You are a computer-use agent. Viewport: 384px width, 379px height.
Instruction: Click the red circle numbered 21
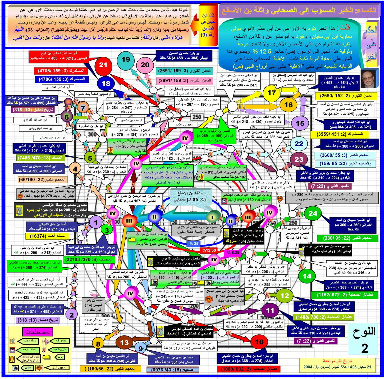tap(103, 65)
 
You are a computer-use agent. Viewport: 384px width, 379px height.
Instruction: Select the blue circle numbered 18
tap(106, 84)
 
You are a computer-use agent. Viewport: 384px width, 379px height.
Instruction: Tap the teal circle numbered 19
tap(126, 59)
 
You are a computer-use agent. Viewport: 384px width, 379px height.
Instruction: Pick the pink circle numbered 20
tap(145, 65)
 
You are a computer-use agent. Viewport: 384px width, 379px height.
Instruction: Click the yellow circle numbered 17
tap(272, 93)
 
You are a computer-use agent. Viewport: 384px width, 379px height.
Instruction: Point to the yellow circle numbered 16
tap(288, 105)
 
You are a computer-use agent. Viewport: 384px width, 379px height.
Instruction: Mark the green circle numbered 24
tap(313, 213)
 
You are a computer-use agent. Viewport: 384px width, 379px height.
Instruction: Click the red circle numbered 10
tap(259, 342)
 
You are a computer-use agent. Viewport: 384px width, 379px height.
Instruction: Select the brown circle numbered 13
tap(124, 343)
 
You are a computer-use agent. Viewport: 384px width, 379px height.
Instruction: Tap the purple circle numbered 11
tap(270, 310)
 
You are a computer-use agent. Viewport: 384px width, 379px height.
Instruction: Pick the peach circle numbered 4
tap(75, 169)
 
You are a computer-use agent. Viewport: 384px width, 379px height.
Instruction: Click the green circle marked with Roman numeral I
tap(212, 217)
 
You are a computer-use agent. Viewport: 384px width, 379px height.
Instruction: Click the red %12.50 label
tap(209, 250)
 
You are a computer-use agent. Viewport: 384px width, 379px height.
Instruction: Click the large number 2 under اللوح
tap(365, 348)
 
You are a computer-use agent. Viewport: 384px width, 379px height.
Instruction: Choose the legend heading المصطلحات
tap(38, 332)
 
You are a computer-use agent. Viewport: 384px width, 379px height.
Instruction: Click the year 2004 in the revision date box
tap(308, 367)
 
